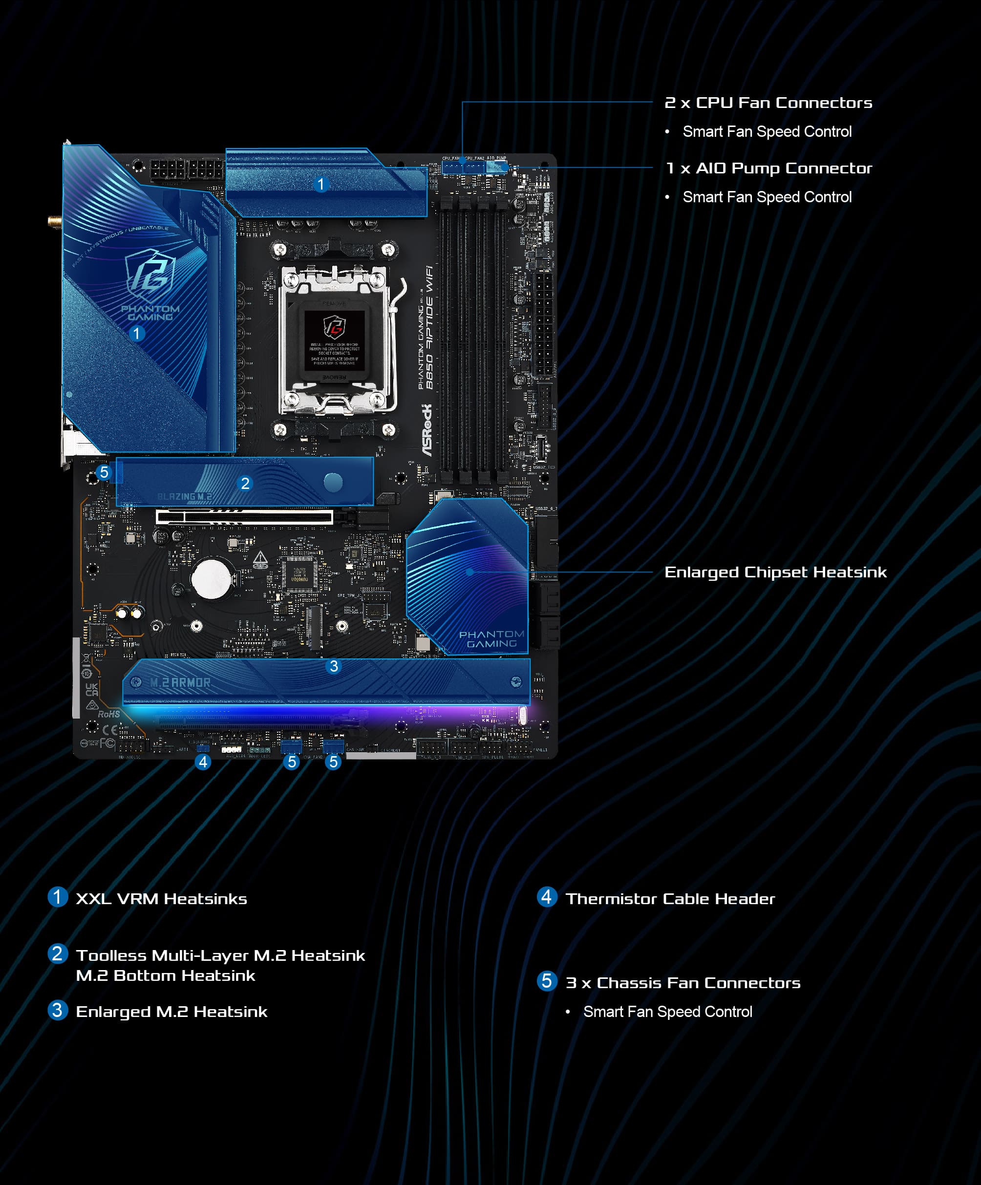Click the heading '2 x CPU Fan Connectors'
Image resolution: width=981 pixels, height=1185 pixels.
click(x=768, y=103)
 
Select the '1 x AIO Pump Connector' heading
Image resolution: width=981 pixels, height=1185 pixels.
click(x=769, y=168)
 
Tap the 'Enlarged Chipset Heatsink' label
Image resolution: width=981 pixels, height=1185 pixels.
click(x=775, y=572)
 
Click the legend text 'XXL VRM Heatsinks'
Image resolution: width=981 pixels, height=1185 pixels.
click(x=161, y=899)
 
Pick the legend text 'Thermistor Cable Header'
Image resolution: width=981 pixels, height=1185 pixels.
click(x=670, y=899)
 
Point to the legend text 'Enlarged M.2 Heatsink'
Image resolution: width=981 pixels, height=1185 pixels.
click(x=171, y=1012)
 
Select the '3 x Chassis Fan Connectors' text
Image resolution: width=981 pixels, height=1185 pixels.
click(x=683, y=983)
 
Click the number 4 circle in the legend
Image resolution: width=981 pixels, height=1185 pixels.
click(x=546, y=897)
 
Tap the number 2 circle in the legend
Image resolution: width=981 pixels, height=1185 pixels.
click(x=57, y=953)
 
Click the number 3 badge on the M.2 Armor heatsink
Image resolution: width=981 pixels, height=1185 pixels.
click(x=334, y=666)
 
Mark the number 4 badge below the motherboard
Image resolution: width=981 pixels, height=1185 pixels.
click(x=203, y=762)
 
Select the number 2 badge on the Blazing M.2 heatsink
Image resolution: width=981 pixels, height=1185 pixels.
click(x=245, y=484)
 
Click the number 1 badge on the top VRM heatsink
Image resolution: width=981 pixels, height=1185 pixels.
click(x=320, y=185)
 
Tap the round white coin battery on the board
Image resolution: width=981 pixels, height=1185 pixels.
click(x=212, y=579)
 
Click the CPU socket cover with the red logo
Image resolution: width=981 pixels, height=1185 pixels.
click(x=334, y=339)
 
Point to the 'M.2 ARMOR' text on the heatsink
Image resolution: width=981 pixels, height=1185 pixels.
click(x=180, y=683)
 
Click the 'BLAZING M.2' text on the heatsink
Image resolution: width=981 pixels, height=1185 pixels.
click(x=185, y=497)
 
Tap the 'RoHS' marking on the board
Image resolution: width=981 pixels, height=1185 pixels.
click(x=109, y=715)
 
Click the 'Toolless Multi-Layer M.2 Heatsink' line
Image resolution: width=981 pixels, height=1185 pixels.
click(x=220, y=955)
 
